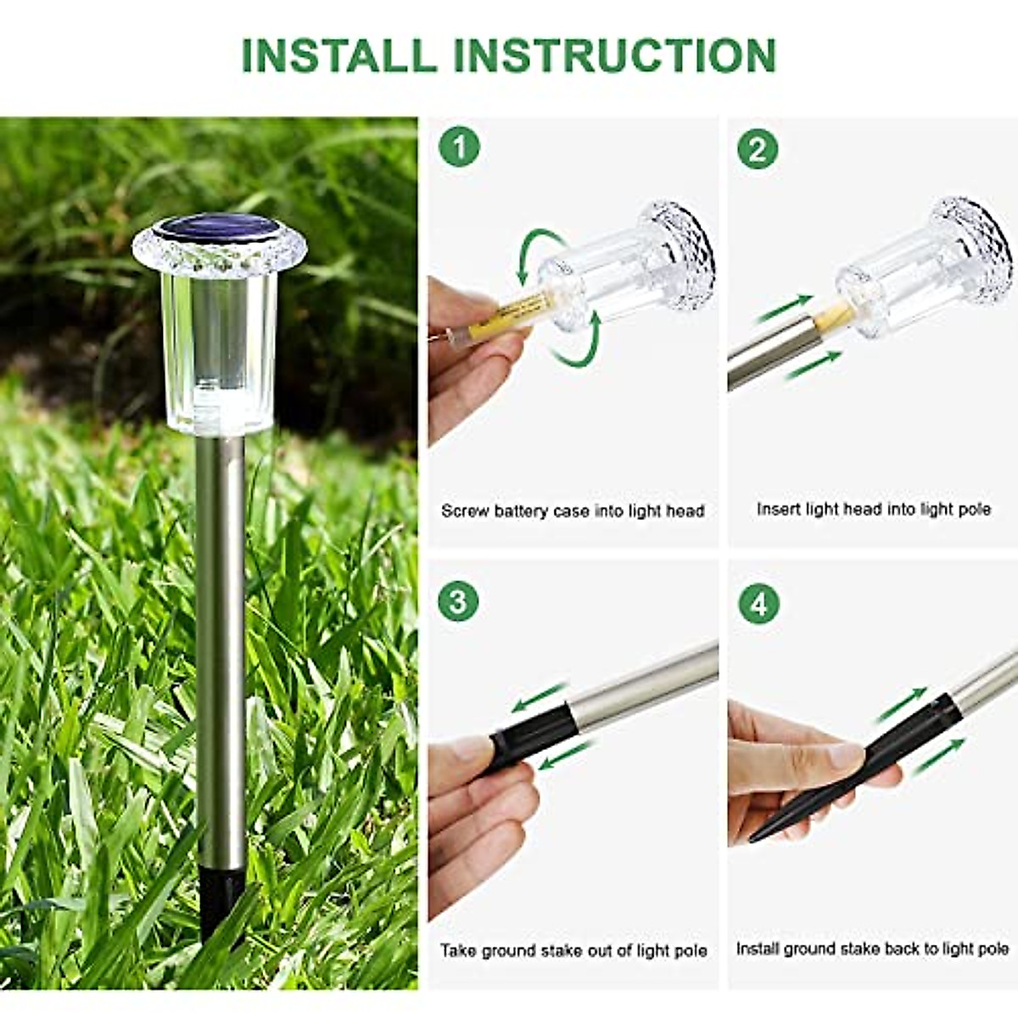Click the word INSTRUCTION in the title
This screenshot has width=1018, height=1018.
615,55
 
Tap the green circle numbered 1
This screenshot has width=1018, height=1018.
459,148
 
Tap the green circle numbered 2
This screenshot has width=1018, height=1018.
757,149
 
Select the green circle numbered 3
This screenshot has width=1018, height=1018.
458,601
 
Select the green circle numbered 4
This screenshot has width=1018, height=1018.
758,604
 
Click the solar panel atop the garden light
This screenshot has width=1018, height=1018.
218,228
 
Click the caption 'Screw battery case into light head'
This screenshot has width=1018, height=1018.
573,511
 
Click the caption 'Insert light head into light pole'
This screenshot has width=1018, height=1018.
873,509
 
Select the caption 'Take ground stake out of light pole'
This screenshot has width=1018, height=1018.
573,950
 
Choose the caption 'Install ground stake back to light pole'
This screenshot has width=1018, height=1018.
872,948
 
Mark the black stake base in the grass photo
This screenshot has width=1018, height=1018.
220,899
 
